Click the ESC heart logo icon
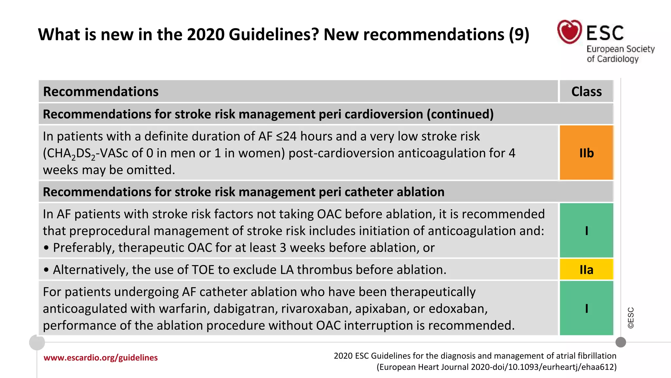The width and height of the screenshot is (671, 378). [x=569, y=31]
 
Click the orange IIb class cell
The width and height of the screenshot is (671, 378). [x=586, y=153]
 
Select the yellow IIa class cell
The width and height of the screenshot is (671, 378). [x=586, y=270]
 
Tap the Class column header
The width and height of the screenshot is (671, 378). [x=586, y=92]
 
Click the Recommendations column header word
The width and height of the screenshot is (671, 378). [x=101, y=92]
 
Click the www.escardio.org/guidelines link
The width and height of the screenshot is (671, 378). [x=101, y=358]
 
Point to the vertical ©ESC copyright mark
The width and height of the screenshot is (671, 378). [x=631, y=318]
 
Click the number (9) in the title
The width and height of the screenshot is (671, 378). [x=519, y=34]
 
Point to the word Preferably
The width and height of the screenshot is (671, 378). [x=84, y=248]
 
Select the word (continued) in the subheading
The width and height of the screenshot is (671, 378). [x=460, y=114]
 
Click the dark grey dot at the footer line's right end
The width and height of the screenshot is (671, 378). [x=621, y=342]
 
